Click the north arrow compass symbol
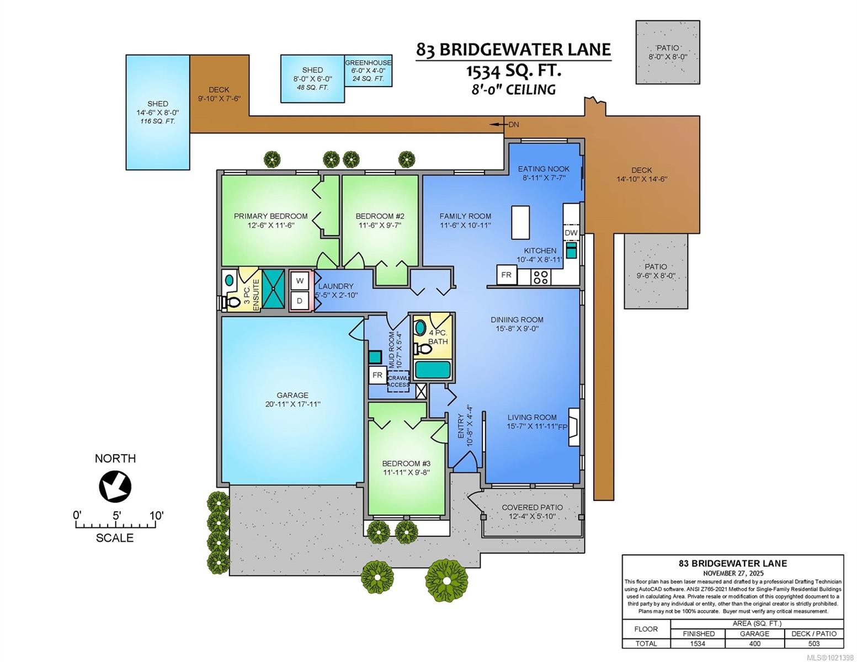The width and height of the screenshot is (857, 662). (x=115, y=487)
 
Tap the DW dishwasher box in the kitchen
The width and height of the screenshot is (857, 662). (x=571, y=233)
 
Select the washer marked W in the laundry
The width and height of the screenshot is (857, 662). (x=300, y=281)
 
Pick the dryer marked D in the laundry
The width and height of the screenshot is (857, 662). (x=300, y=301)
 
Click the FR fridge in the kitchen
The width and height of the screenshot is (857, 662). (x=506, y=275)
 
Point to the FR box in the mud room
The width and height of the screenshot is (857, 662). (x=377, y=375)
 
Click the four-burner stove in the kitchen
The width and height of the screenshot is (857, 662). (x=541, y=277)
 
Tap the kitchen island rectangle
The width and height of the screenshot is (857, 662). (x=520, y=222)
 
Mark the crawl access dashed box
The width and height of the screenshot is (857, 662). (x=398, y=381)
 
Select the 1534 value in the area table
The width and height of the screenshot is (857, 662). (x=698, y=643)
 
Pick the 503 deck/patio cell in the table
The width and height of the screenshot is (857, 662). (x=814, y=643)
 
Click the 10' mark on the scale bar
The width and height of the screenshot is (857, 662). (x=156, y=516)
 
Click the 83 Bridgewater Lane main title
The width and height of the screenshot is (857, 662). (x=513, y=50)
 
